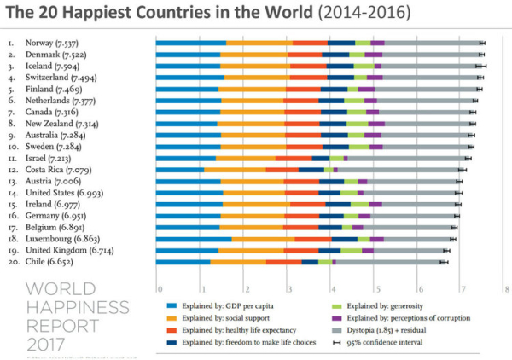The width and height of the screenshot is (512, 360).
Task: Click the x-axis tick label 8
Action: pyautogui.click(x=507, y=289)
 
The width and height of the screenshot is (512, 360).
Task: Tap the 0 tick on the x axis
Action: pyautogui.click(x=156, y=289)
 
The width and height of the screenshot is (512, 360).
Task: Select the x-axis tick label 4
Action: pyautogui.click(x=330, y=289)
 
